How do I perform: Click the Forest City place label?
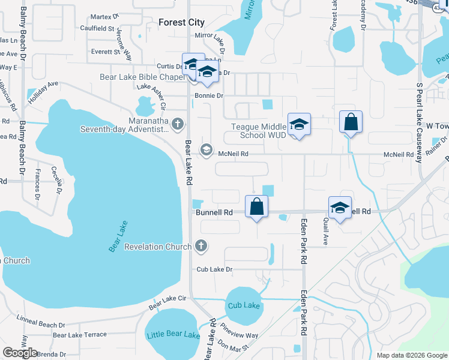point(181,22)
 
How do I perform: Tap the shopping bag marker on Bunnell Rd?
point(256,206)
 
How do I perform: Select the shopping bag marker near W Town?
point(351,122)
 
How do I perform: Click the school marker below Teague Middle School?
point(299,125)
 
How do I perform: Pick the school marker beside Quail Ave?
point(340,208)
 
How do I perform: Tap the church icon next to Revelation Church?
point(201,246)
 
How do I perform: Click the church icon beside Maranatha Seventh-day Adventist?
point(177,124)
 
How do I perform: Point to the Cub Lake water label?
point(244,305)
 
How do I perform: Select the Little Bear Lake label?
point(172,334)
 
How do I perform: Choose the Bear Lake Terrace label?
point(79,335)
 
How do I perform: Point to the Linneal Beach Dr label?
point(41,321)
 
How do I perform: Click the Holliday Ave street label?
point(43,91)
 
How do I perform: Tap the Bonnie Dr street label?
point(209,96)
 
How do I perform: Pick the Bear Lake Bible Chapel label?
point(142,77)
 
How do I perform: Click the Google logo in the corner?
point(20,353)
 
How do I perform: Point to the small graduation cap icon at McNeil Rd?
point(206,149)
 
